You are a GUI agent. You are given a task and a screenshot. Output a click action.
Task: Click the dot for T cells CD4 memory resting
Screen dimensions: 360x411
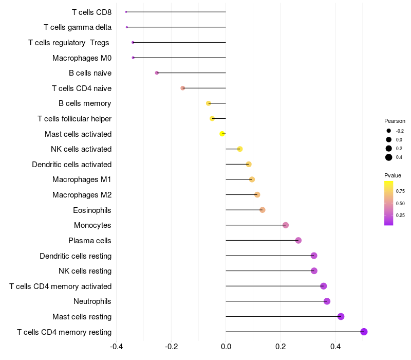(364, 332)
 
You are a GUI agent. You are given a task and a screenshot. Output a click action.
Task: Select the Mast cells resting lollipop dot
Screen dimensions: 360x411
(341, 316)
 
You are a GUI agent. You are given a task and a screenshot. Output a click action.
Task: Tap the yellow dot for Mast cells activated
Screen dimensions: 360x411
(222, 134)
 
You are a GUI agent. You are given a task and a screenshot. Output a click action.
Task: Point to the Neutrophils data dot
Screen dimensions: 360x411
(327, 301)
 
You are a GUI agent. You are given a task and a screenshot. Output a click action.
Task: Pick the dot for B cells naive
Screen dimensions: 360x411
(157, 73)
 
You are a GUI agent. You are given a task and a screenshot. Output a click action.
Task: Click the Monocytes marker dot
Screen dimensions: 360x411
(286, 225)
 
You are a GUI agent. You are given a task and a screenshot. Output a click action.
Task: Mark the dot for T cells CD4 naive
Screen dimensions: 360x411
(182, 88)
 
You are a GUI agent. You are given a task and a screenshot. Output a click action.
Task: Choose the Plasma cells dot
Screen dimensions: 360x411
(298, 240)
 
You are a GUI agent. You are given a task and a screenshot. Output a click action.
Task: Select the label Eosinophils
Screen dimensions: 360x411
(92, 210)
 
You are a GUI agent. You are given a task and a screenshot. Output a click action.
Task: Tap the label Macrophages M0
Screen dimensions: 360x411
(82, 58)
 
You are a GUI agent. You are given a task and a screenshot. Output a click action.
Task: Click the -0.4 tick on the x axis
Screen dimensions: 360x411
(116, 346)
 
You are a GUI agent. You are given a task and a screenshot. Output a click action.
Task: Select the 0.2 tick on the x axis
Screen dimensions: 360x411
(281, 346)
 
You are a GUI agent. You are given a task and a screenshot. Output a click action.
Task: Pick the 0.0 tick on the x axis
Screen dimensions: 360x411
(226, 346)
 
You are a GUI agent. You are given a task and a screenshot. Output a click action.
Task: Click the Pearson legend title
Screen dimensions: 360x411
(395, 121)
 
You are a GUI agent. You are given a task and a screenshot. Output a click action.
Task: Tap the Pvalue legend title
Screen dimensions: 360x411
(393, 175)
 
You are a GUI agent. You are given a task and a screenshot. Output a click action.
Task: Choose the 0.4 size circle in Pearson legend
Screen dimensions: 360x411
(389, 157)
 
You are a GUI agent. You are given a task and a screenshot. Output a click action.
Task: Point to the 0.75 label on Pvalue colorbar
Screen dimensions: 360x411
(401, 191)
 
